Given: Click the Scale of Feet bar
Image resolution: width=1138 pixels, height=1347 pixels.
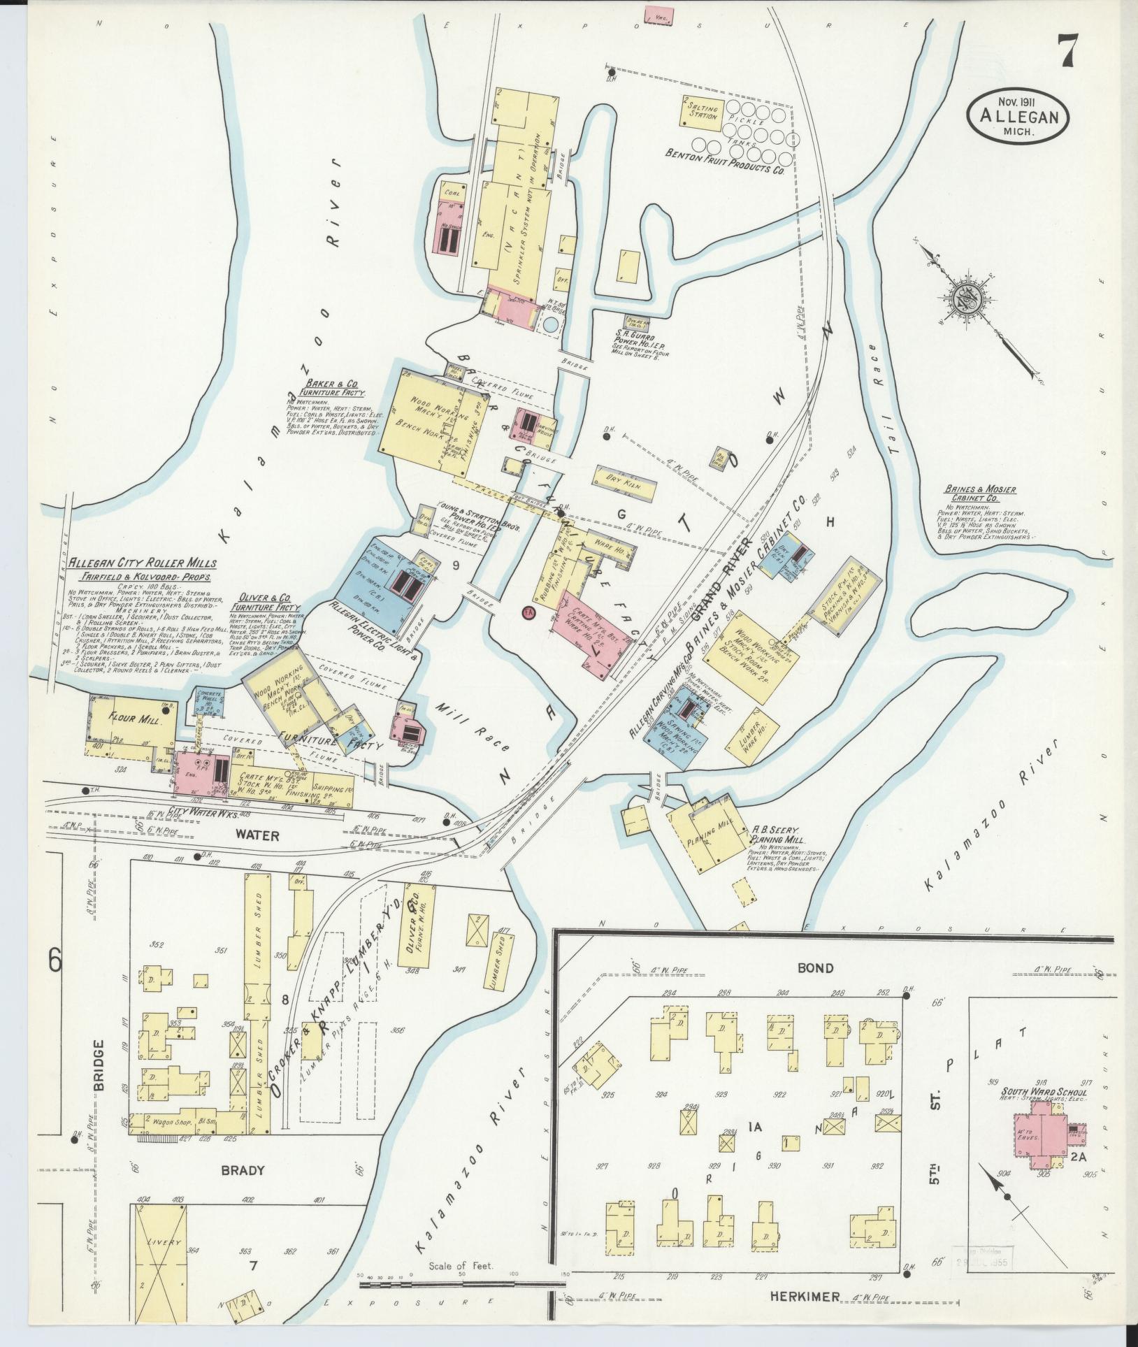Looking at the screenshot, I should pos(461,1284).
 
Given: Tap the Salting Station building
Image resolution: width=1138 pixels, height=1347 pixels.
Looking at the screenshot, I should pos(702,112).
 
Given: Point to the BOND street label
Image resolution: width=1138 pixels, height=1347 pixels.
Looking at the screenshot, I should pos(815,967).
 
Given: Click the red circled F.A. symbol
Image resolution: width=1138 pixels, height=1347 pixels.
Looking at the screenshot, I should pos(529,612).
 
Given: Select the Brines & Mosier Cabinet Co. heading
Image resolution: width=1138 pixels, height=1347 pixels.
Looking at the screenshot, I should pos(980,494).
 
